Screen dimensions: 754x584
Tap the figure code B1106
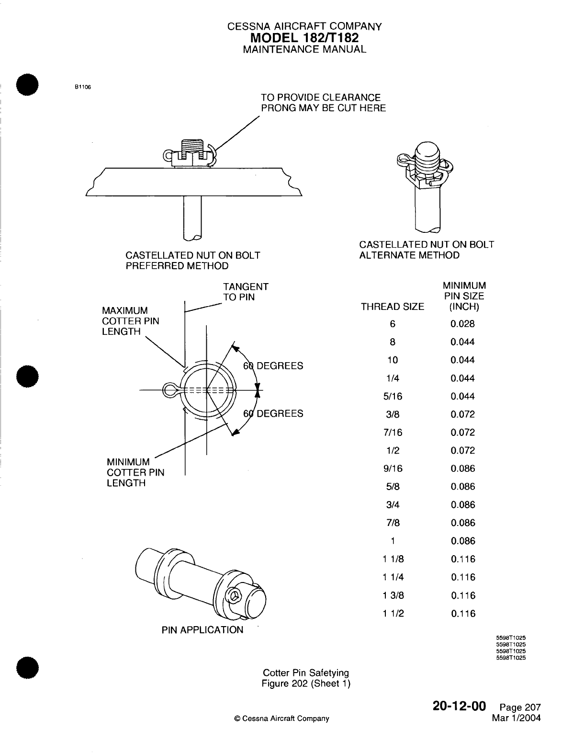pyautogui.click(x=82, y=87)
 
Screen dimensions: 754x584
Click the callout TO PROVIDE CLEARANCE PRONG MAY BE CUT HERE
pyautogui.click(x=323, y=103)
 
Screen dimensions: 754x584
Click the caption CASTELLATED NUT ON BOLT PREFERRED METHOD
pyautogui.click(x=192, y=261)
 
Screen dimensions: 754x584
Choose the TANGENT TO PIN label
pyautogui.click(x=246, y=292)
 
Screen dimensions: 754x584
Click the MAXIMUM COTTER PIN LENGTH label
pyautogui.click(x=130, y=321)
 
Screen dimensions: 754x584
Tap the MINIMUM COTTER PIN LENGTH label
pyautogui.click(x=135, y=472)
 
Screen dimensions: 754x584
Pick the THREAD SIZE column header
pyautogui.click(x=393, y=307)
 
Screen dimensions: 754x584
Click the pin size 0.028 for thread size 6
pyautogui.click(x=463, y=324)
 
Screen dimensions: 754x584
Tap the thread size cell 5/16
pyautogui.click(x=393, y=397)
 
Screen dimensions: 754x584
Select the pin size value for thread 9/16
pyautogui.click(x=463, y=469)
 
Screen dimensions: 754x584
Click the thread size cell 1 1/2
pyautogui.click(x=393, y=614)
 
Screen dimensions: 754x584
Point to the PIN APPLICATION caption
pyautogui.click(x=202, y=630)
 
